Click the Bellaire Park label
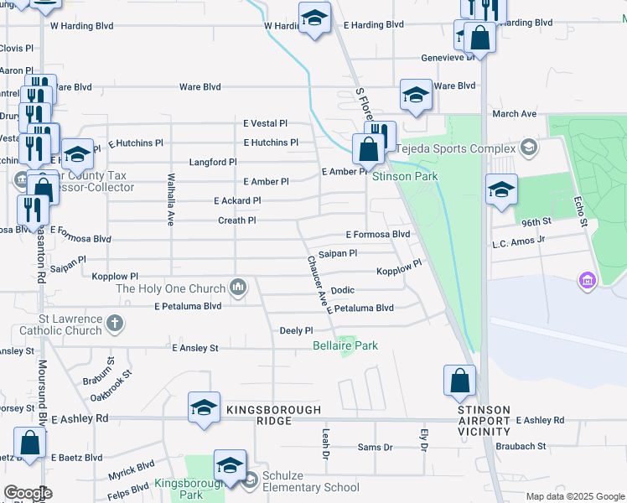[x=345, y=345]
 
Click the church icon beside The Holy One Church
[x=239, y=288]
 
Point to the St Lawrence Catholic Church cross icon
[x=115, y=322]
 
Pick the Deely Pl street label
[x=296, y=331]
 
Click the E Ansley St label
[x=194, y=347]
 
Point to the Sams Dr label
[x=375, y=448]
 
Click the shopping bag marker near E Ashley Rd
[x=460, y=381]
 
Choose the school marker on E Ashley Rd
[x=204, y=408]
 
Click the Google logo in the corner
[x=28, y=493]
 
